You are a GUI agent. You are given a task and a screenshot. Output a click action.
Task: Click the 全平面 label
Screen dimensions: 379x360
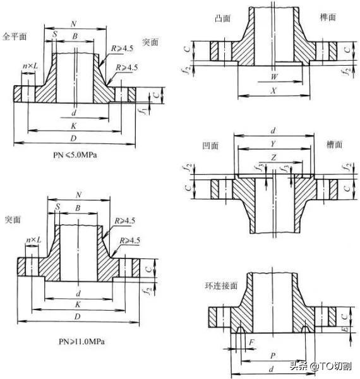(15, 37)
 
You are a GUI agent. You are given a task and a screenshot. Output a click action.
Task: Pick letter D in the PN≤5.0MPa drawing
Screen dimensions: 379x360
(75, 138)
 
